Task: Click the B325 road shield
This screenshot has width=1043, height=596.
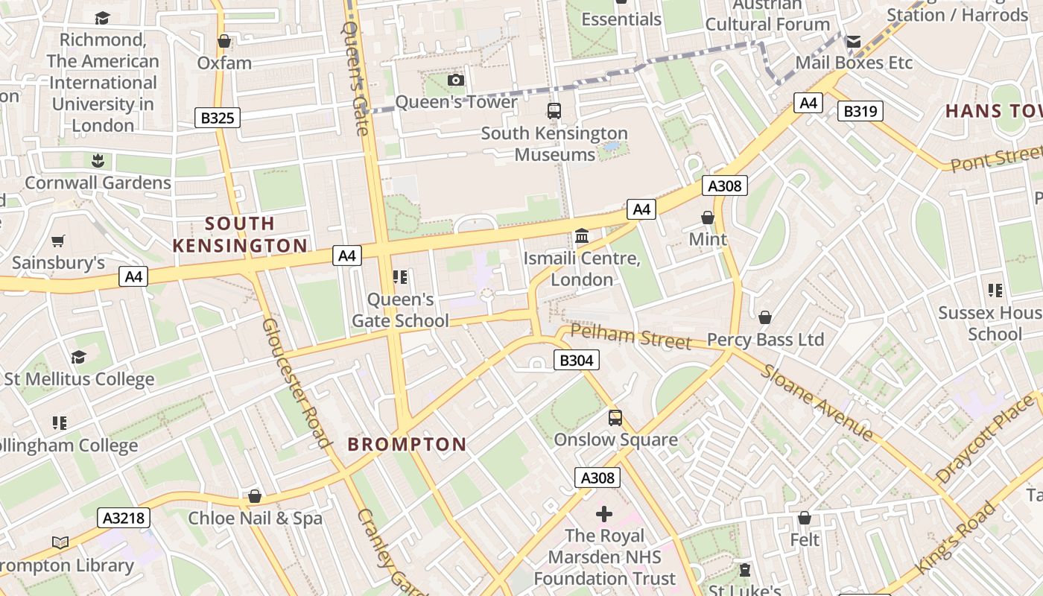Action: [x=218, y=117]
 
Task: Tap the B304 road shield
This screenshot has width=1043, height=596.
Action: [x=577, y=361]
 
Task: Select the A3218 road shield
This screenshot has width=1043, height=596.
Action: [x=124, y=518]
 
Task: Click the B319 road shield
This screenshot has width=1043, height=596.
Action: [x=860, y=112]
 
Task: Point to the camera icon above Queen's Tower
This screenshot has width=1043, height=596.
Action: [x=456, y=80]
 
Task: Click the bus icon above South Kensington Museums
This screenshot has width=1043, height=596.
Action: [x=554, y=111]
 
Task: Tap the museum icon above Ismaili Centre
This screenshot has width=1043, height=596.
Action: [x=582, y=237]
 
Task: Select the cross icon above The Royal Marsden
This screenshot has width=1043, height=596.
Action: [x=604, y=514]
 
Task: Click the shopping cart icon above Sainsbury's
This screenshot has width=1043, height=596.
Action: [x=58, y=241]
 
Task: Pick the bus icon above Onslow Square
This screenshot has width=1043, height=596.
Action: [x=615, y=418]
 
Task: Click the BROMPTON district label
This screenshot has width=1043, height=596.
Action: [x=407, y=445]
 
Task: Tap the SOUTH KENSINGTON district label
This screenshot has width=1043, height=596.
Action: [x=240, y=234]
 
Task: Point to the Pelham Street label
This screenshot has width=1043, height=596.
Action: [x=631, y=336]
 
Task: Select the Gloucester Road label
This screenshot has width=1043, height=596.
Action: [x=296, y=383]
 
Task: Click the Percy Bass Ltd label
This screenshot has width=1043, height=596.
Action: [x=765, y=340]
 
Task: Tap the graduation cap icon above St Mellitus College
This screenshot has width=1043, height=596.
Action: [x=78, y=358]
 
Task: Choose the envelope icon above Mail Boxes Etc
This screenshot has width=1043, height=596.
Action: [x=854, y=42]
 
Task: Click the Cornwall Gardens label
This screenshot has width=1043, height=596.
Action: [x=98, y=183]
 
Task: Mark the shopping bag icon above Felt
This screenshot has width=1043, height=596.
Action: [x=804, y=518]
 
